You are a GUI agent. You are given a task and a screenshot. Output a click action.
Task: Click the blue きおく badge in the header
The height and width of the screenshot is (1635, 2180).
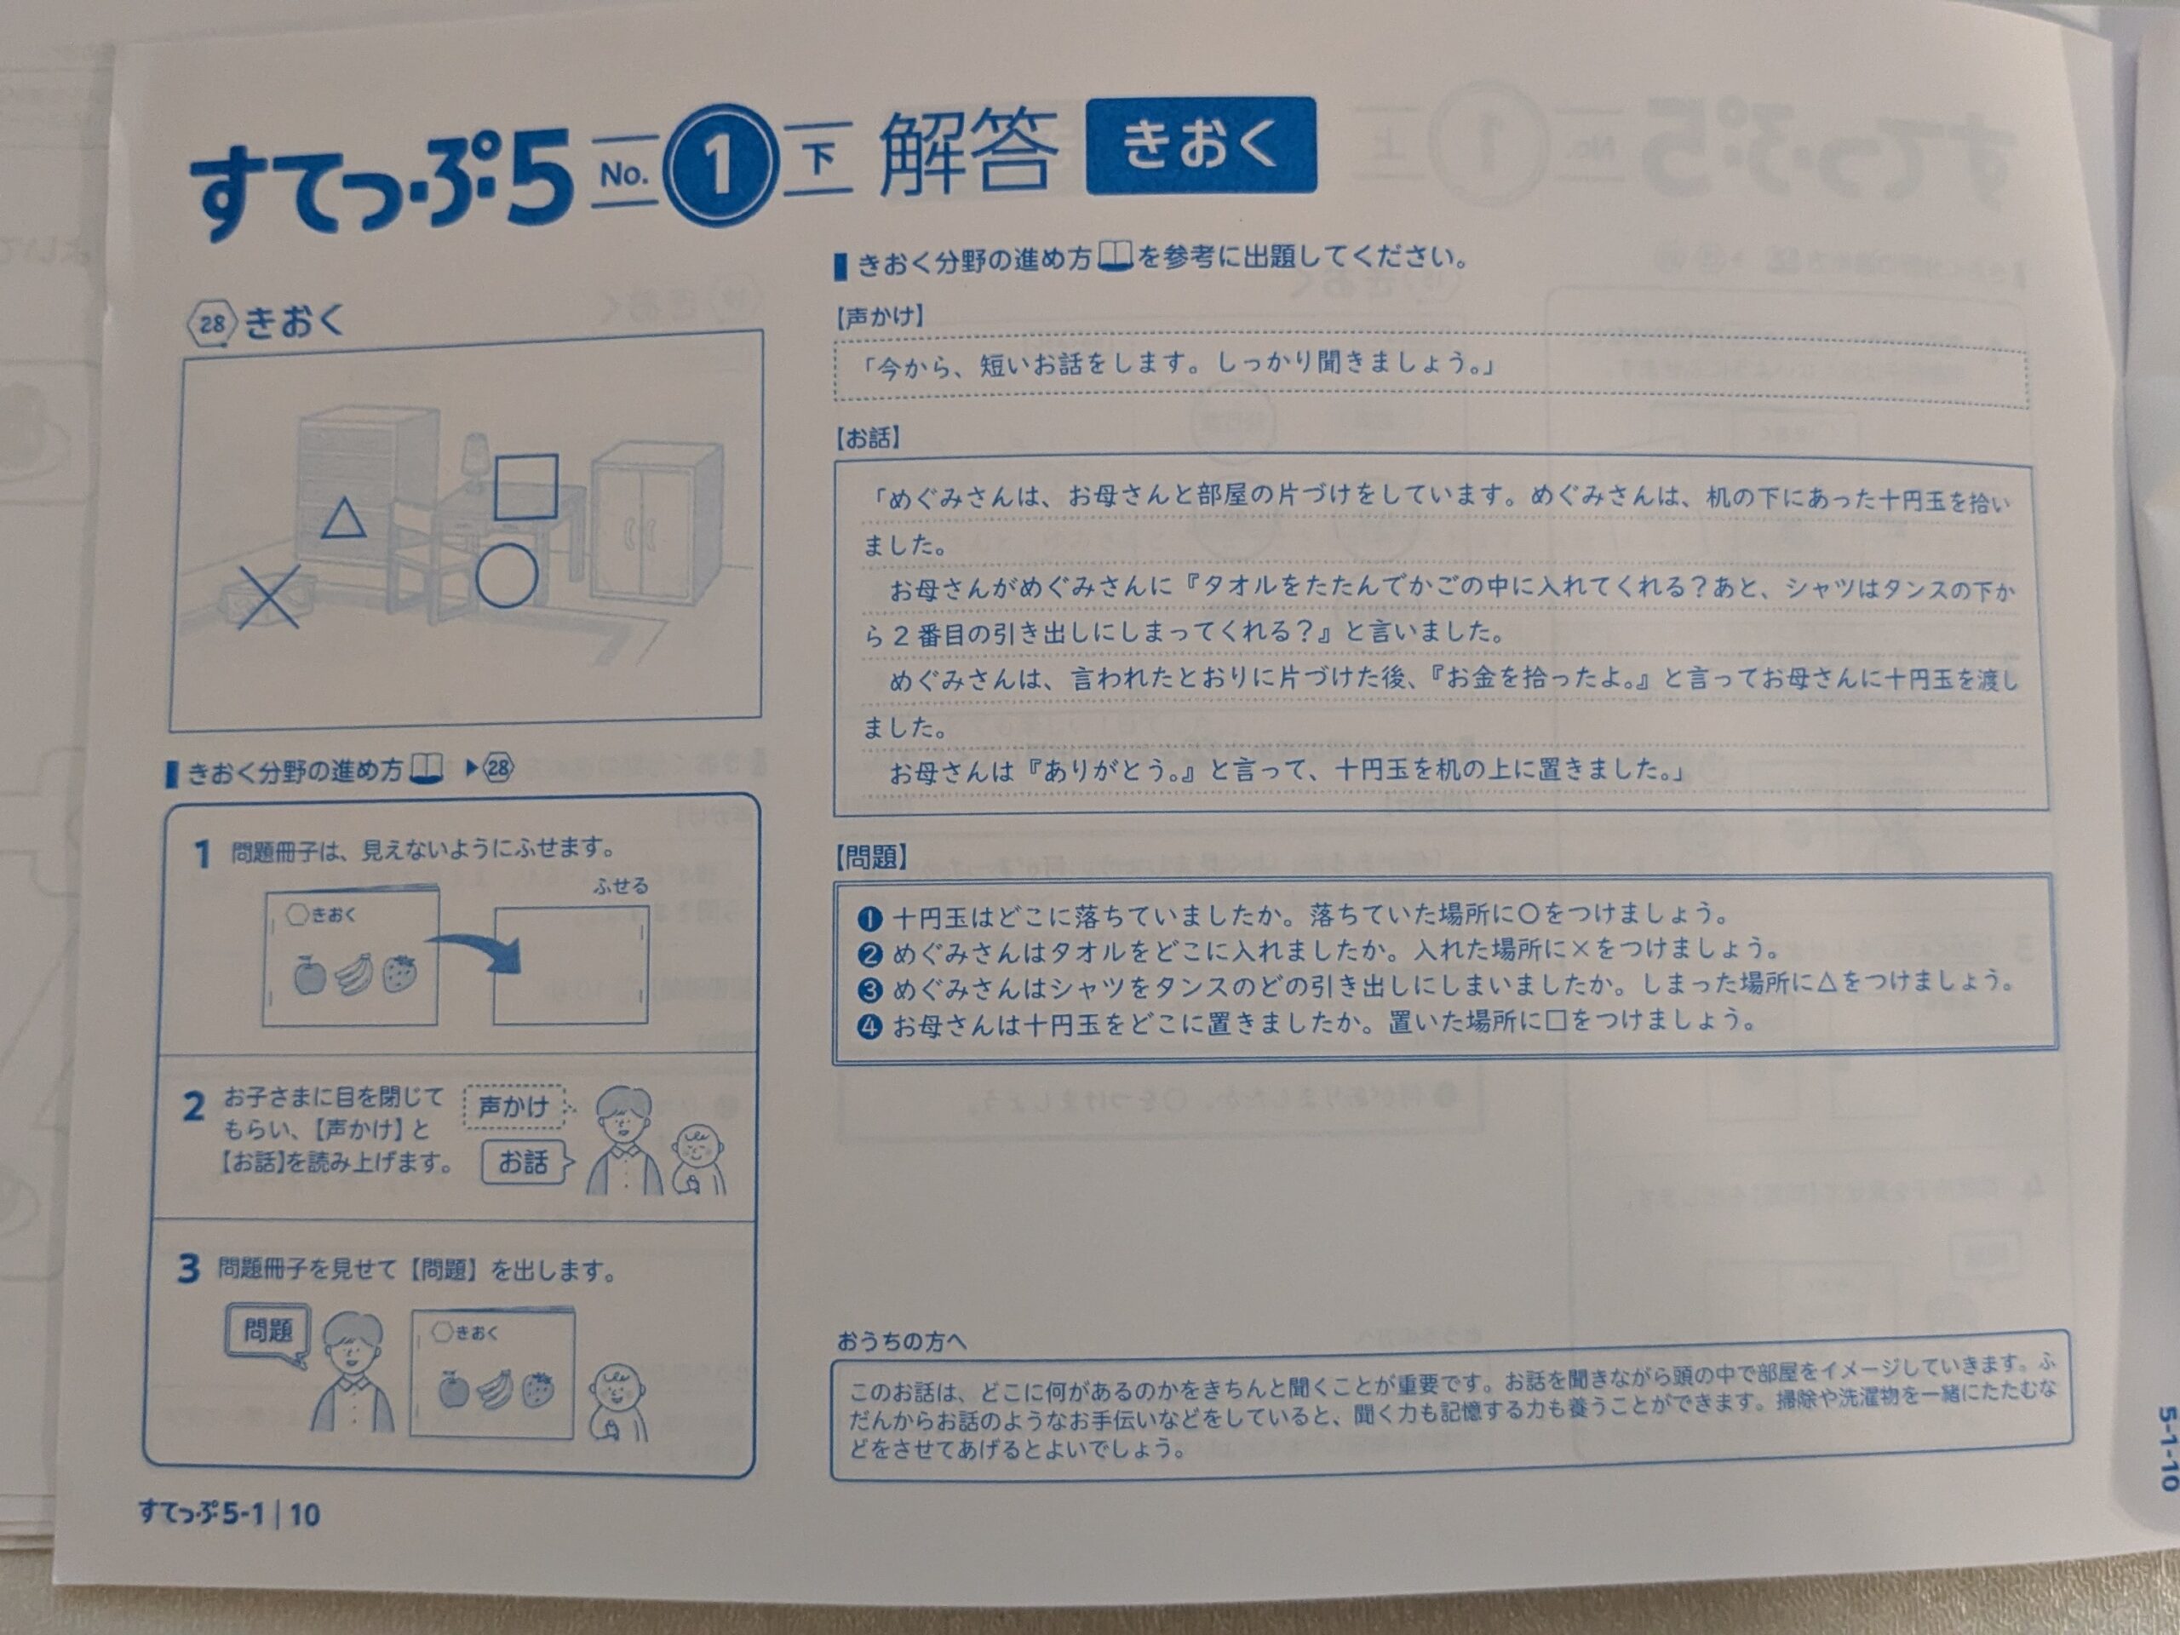click(1201, 145)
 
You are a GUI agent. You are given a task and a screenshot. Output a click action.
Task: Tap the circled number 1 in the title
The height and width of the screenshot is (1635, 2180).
click(718, 165)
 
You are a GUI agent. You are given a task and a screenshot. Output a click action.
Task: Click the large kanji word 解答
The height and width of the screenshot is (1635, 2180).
click(967, 152)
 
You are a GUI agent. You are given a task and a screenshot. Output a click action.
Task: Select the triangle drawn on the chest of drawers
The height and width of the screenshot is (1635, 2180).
click(343, 519)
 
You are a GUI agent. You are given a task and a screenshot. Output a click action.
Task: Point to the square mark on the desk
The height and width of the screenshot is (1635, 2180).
click(525, 486)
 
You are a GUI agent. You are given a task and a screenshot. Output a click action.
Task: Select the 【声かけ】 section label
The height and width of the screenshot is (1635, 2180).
click(880, 317)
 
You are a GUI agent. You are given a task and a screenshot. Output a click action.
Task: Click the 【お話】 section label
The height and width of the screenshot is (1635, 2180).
click(867, 438)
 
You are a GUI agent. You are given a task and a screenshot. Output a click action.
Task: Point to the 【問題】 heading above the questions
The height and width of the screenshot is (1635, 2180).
click(871, 857)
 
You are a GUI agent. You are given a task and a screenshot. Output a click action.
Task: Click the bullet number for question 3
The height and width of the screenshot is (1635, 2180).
click(869, 990)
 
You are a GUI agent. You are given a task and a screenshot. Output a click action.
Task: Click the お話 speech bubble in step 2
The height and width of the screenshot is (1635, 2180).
click(526, 1162)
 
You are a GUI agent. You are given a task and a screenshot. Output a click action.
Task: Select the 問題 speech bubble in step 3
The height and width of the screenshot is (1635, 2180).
click(268, 1333)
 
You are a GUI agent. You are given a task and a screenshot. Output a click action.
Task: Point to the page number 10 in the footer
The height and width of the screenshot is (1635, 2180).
click(305, 1514)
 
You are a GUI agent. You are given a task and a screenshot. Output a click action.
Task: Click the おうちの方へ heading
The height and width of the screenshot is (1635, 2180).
click(901, 1340)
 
